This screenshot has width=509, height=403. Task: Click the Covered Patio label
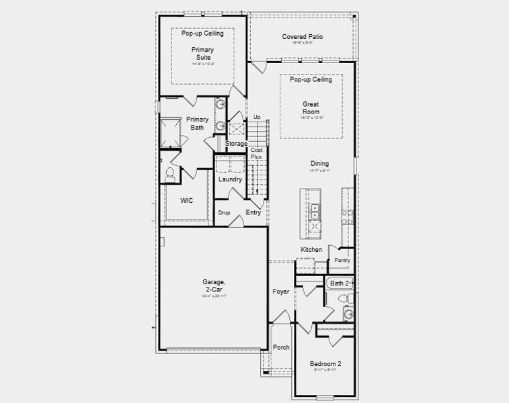pyautogui.click(x=302, y=37)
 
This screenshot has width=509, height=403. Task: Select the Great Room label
pyautogui.click(x=311, y=108)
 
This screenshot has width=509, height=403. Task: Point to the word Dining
pyautogui.click(x=320, y=163)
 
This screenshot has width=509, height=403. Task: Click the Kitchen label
pyautogui.click(x=311, y=250)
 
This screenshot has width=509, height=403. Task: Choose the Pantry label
pyautogui.click(x=342, y=261)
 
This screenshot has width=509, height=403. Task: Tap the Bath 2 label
pyautogui.click(x=339, y=283)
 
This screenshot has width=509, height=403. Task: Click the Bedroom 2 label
pyautogui.click(x=325, y=363)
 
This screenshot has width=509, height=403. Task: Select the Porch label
pyautogui.click(x=281, y=347)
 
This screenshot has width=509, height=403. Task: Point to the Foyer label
pyautogui.click(x=280, y=292)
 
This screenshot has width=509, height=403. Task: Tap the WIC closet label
pyautogui.click(x=186, y=201)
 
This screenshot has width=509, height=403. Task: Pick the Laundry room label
pyautogui.click(x=230, y=179)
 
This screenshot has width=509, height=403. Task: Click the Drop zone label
pyautogui.click(x=224, y=213)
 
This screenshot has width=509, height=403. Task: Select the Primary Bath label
pyautogui.click(x=197, y=124)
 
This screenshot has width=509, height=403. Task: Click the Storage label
pyautogui.click(x=236, y=144)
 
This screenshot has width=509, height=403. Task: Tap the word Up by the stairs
pyautogui.click(x=256, y=118)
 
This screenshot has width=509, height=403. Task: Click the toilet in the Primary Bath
pyautogui.click(x=169, y=174)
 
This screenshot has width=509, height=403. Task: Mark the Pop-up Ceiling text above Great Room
pyautogui.click(x=311, y=80)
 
